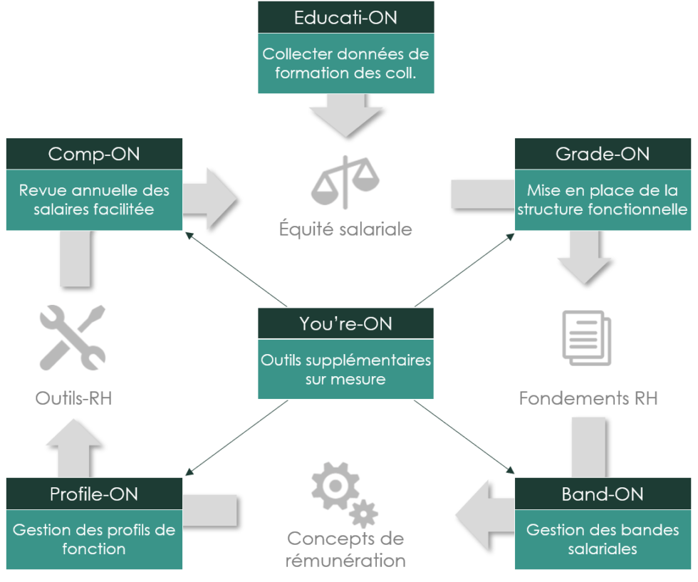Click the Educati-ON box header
pyautogui.click(x=345, y=17)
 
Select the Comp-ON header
pyautogui.click(x=94, y=154)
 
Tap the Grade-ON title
pyautogui.click(x=603, y=154)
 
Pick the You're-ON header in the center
pyautogui.click(x=345, y=323)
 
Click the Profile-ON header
pyautogui.click(x=94, y=494)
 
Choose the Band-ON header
pyautogui.click(x=603, y=494)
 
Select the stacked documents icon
pyautogui.click(x=585, y=339)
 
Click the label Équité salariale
pyautogui.click(x=345, y=230)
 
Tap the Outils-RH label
pyautogui.click(x=74, y=397)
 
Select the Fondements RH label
pyautogui.click(x=588, y=397)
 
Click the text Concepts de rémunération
pyautogui.click(x=345, y=549)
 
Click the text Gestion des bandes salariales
pyautogui.click(x=603, y=539)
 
